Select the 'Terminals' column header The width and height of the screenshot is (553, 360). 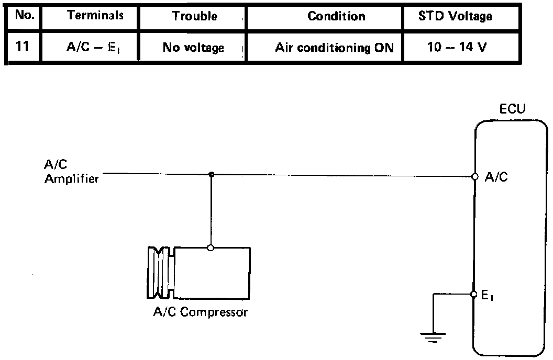point(95,16)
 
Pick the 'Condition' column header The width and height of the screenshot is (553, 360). point(336,16)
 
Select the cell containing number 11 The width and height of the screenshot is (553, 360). point(22,47)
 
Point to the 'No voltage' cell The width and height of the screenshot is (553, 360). point(193,48)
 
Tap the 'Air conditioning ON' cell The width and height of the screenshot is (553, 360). point(335,48)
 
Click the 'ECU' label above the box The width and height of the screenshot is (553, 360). point(513,110)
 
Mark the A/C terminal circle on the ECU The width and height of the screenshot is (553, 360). point(475,177)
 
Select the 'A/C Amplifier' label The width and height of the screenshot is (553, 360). point(71,173)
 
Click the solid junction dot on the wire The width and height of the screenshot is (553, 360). point(211,174)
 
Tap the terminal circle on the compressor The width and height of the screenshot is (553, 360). point(211,248)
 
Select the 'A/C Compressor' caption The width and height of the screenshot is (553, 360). point(200,313)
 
